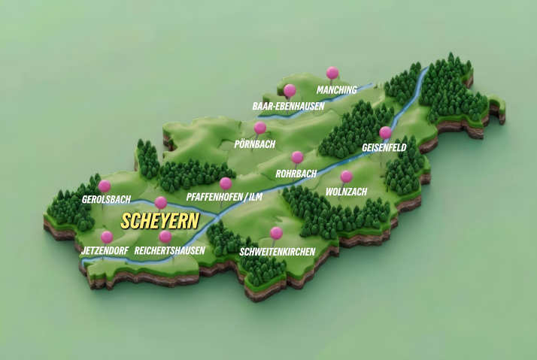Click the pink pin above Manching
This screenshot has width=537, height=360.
click(x=332, y=73)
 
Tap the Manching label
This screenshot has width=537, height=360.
click(x=336, y=89)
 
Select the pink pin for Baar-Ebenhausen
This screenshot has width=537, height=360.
click(x=290, y=91)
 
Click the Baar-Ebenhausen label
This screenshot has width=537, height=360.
click(x=288, y=107)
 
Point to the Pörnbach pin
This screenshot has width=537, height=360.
click(x=260, y=128)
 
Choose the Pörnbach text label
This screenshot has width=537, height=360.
click(x=255, y=143)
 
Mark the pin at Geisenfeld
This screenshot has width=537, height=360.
click(x=385, y=133)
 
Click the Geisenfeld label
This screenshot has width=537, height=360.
click(x=384, y=148)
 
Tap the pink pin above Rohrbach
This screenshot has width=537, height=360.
click(x=297, y=158)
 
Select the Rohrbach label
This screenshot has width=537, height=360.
click(x=296, y=173)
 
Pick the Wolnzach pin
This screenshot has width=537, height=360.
click(x=346, y=177)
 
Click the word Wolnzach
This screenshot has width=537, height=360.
click(x=346, y=192)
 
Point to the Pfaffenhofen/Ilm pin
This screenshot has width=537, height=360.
click(x=226, y=183)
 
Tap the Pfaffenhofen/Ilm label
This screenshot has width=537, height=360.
click(x=225, y=198)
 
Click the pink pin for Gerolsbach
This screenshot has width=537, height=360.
click(x=105, y=186)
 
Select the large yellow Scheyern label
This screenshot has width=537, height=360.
click(x=159, y=221)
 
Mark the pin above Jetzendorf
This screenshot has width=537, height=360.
click(x=107, y=237)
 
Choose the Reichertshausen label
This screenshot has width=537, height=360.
click(x=170, y=250)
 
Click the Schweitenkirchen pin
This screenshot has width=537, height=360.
click(x=276, y=233)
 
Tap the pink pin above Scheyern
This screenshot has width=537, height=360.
click(x=160, y=202)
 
